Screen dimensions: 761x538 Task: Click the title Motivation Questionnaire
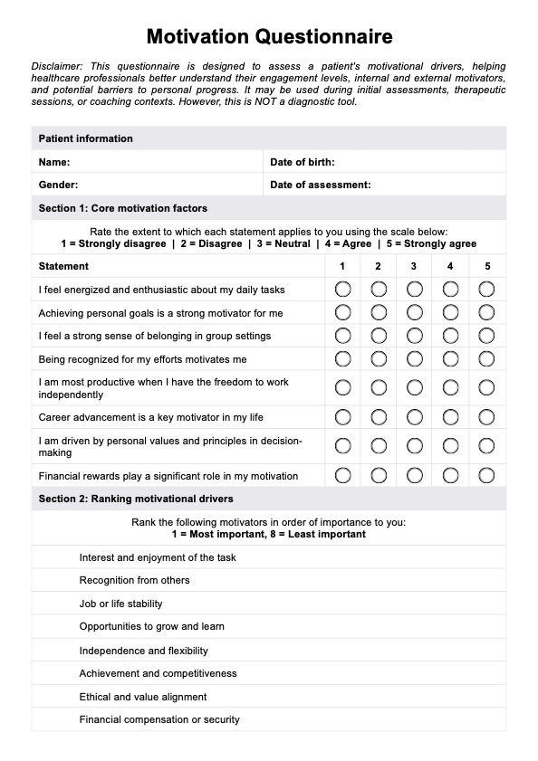pos(269,37)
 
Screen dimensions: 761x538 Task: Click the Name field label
pos(54,162)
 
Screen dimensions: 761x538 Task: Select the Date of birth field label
pos(303,162)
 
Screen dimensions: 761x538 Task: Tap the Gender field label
pos(58,185)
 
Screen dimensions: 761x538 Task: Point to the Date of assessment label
pos(321,185)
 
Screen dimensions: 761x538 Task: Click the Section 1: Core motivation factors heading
pos(123,208)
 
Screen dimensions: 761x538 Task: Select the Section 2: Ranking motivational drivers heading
pos(136,499)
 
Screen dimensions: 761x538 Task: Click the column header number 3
pos(414,266)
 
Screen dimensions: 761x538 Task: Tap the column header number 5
pos(487,266)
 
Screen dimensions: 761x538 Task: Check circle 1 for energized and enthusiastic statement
pos(342,290)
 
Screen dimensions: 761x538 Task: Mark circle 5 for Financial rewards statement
pos(487,475)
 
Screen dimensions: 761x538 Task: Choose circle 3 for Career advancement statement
pos(414,417)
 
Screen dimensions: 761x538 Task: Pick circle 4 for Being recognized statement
pos(450,358)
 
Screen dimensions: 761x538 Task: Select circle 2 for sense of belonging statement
pos(379,336)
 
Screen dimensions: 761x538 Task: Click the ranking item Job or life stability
pos(121,604)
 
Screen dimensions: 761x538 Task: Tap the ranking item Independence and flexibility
pos(143,651)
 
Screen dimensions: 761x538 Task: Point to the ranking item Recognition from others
pos(134,580)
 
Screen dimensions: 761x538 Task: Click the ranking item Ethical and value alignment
pos(143,697)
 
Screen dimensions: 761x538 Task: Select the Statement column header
pos(63,266)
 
